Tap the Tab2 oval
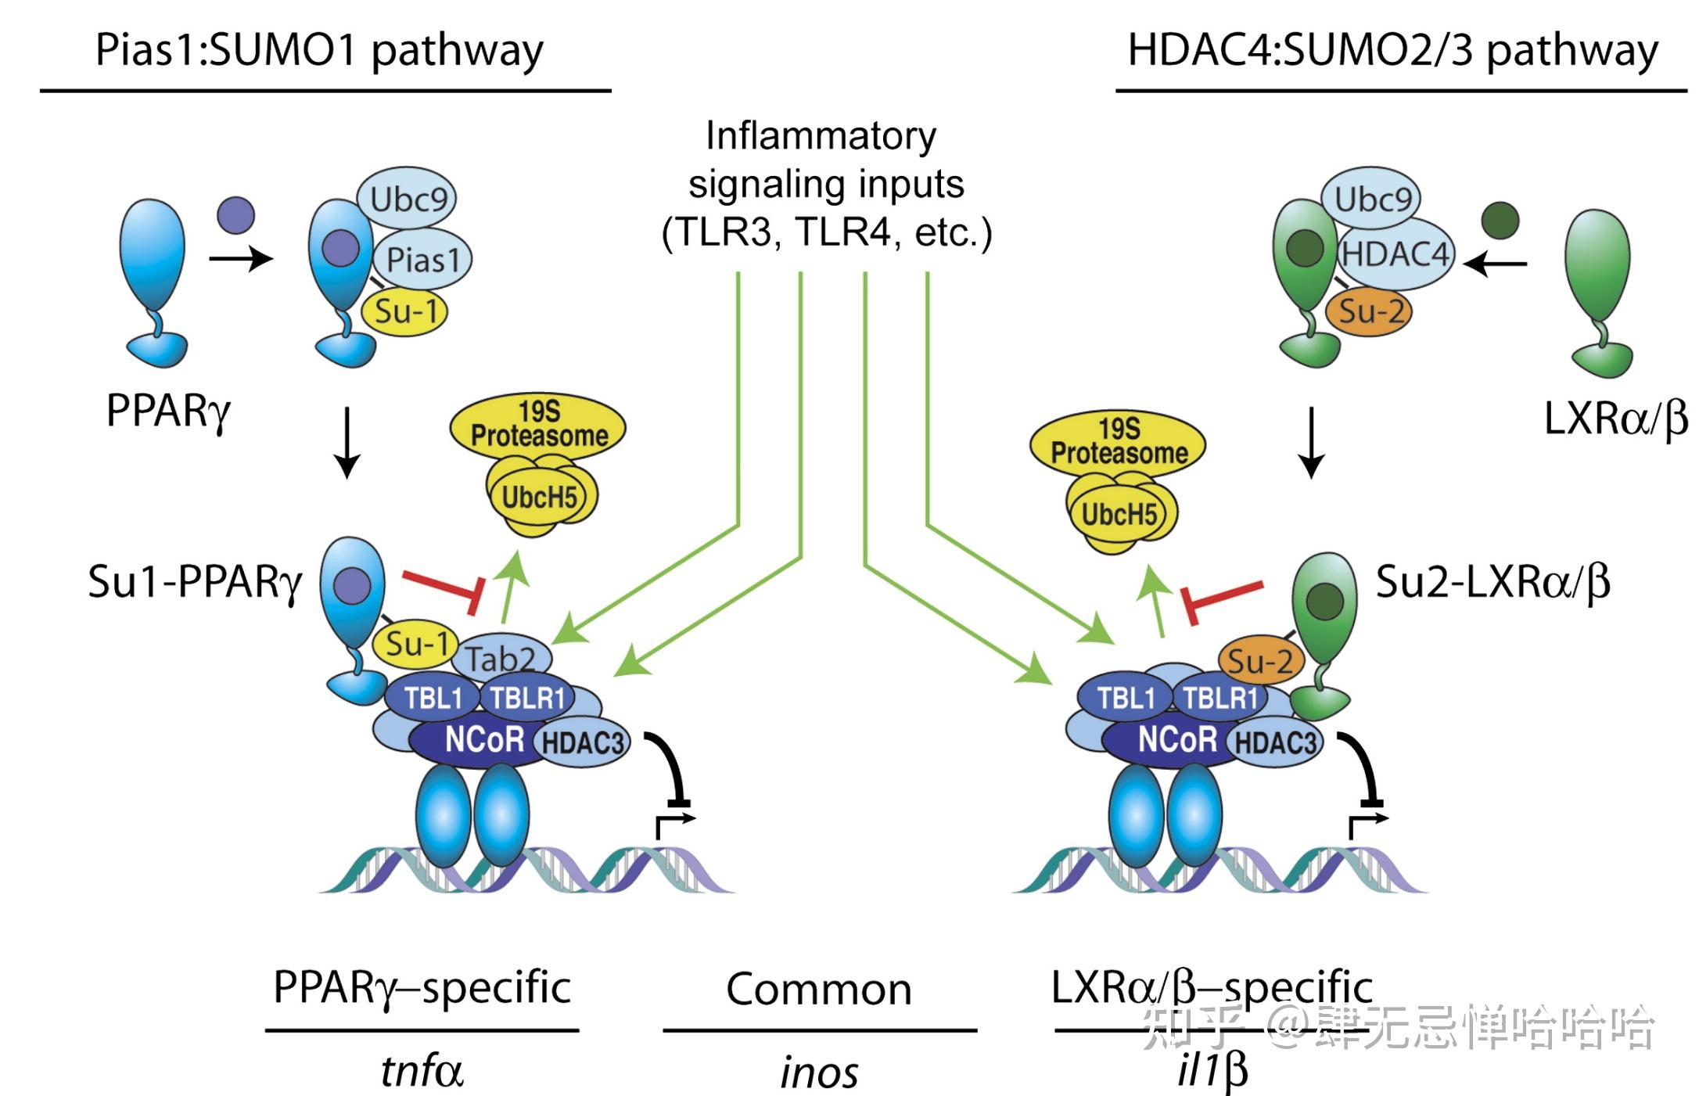click(502, 657)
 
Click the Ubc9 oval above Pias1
click(408, 199)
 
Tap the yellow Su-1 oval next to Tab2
click(415, 644)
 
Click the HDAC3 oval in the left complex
click(583, 742)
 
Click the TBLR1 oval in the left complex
click(526, 697)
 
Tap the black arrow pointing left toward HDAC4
click(1495, 264)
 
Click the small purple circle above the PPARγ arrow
click(235, 215)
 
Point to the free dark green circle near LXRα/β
click(1500, 221)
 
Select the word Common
click(819, 990)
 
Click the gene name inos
click(819, 1073)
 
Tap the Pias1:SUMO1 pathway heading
click(319, 50)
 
